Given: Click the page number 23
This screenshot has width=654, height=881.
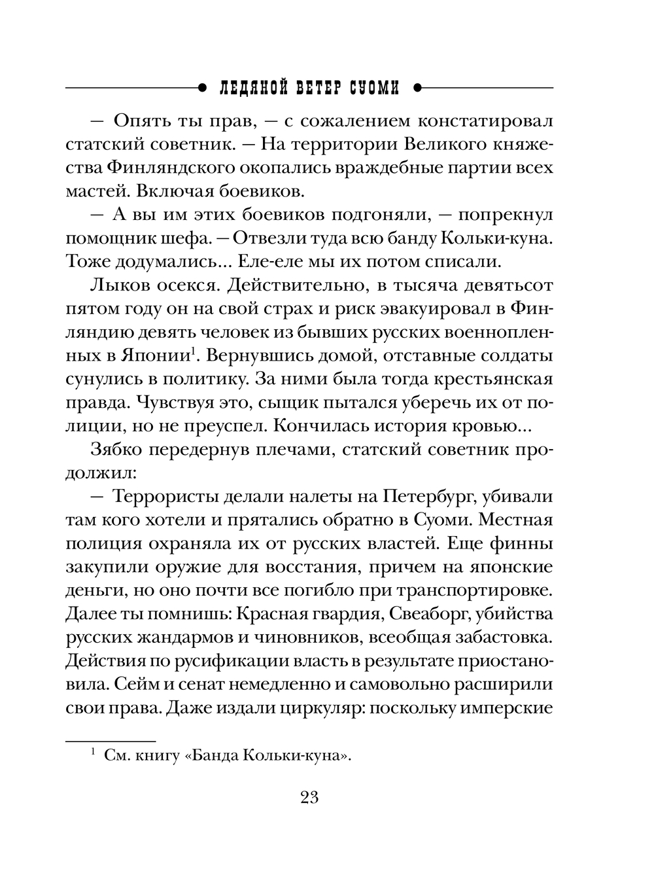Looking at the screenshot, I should coord(309,797).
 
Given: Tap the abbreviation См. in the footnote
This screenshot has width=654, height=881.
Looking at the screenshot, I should coord(118,756).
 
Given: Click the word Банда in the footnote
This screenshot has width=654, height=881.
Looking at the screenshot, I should coord(215,756).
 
